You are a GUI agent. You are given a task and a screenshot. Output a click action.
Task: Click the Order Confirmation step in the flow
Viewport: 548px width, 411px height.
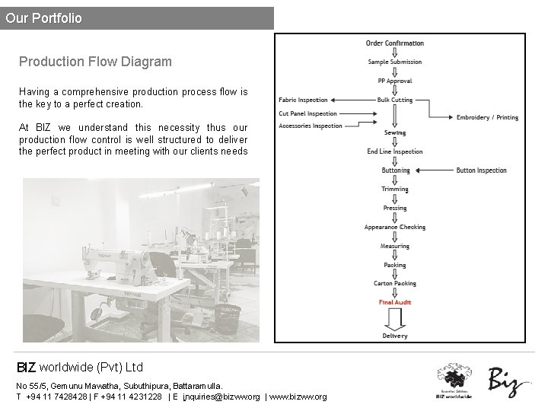click(394, 43)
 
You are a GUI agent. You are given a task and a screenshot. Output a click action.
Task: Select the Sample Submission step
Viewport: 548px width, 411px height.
click(394, 62)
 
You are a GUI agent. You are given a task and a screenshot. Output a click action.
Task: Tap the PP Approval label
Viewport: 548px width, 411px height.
click(394, 81)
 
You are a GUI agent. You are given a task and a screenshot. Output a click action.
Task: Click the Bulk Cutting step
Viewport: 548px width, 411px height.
click(394, 100)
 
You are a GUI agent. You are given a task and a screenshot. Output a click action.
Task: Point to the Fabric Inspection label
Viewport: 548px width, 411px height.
click(303, 100)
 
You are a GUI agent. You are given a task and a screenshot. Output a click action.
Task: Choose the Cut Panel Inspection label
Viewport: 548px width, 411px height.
click(307, 113)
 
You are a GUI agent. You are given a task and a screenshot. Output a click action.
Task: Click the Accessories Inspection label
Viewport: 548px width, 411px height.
click(310, 126)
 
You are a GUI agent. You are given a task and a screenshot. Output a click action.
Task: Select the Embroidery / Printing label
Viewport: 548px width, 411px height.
click(487, 118)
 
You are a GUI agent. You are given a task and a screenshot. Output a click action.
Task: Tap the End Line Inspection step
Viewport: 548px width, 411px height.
click(394, 151)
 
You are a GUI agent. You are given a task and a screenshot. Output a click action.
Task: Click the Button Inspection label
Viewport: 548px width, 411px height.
click(481, 170)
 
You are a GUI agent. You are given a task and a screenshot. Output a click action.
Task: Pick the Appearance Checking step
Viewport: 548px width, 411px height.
click(394, 227)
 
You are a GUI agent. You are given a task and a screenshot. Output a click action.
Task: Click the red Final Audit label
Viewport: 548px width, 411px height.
click(394, 302)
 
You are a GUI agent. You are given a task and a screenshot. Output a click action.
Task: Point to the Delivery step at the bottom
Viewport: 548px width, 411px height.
click(394, 336)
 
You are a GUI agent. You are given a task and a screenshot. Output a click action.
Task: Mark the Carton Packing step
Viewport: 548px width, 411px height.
click(394, 283)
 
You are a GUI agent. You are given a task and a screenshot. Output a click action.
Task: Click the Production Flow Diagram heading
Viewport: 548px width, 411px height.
click(95, 62)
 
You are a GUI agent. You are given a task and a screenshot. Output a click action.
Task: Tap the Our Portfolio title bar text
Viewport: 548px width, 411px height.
click(43, 18)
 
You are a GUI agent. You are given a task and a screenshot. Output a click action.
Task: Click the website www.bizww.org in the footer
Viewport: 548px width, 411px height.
click(298, 397)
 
